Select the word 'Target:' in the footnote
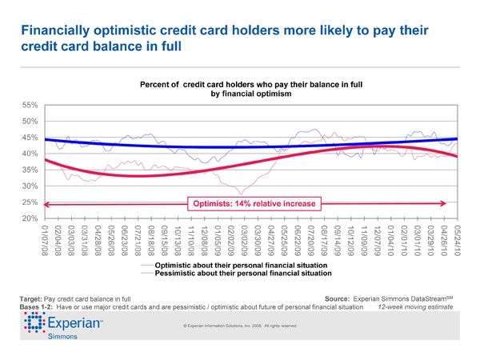tap(33, 298)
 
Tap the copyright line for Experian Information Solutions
tap(240, 326)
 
